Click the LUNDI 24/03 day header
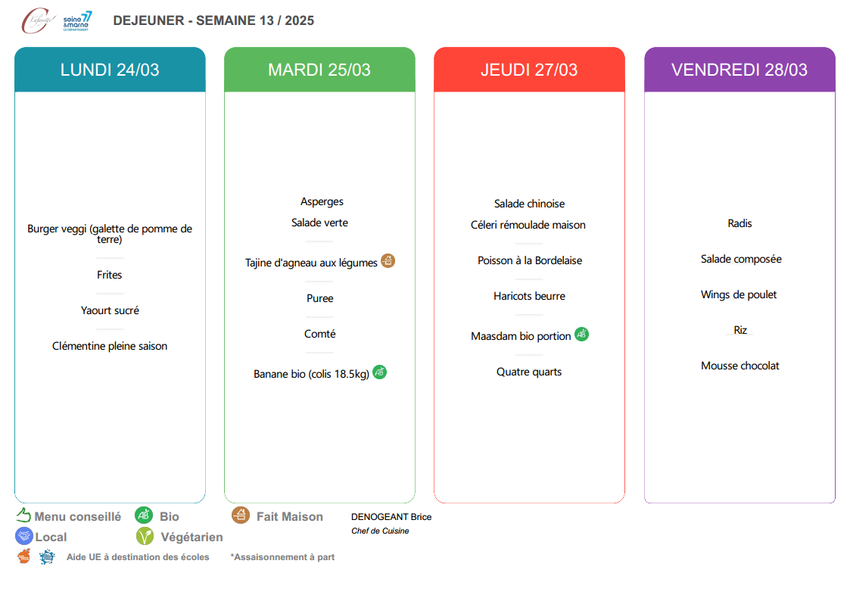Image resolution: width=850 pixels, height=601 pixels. click(x=110, y=70)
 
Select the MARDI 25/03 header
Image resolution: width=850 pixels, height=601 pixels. click(x=320, y=70)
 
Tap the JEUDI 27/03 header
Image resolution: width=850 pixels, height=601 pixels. click(x=529, y=70)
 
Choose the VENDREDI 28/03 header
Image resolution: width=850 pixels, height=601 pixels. click(x=739, y=70)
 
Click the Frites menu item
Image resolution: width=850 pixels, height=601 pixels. click(x=110, y=275)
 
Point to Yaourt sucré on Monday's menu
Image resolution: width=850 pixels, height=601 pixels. click(x=110, y=310)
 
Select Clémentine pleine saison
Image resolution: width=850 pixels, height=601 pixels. click(x=110, y=346)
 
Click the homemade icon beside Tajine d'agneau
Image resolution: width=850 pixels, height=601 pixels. click(x=388, y=261)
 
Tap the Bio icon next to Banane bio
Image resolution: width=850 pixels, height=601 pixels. click(x=379, y=372)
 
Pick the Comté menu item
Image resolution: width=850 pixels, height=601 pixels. click(x=320, y=334)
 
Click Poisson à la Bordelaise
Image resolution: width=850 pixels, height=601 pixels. click(x=530, y=260)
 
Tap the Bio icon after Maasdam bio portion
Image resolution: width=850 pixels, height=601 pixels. click(x=581, y=335)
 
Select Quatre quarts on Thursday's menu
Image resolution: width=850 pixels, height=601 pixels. click(x=529, y=372)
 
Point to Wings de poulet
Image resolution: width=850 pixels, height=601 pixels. click(x=738, y=294)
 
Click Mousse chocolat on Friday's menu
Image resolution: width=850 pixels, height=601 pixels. click(x=740, y=366)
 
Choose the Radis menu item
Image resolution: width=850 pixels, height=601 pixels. click(x=739, y=223)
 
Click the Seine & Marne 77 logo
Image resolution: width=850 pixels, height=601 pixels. click(x=77, y=21)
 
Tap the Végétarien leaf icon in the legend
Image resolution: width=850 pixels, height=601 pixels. click(x=145, y=537)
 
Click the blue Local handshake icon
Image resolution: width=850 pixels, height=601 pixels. click(x=24, y=537)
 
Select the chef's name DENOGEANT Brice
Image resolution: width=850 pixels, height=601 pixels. click(x=391, y=517)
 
